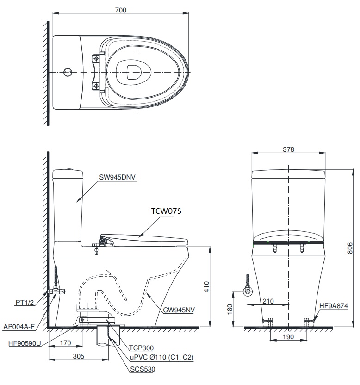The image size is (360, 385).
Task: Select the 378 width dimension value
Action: [x=288, y=149]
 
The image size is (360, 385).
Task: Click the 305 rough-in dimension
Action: [x=78, y=356]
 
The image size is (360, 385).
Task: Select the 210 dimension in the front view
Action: [x=268, y=301]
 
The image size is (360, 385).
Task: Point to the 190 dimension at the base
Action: [x=288, y=338]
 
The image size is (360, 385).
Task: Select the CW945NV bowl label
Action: [x=178, y=310]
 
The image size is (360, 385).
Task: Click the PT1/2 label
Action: [x=24, y=302]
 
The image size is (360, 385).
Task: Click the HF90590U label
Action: [x=24, y=344]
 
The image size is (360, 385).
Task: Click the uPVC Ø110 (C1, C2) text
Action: [x=161, y=357]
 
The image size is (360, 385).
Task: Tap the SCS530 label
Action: [x=143, y=369]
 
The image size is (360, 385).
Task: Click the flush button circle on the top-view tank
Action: [x=68, y=72]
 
